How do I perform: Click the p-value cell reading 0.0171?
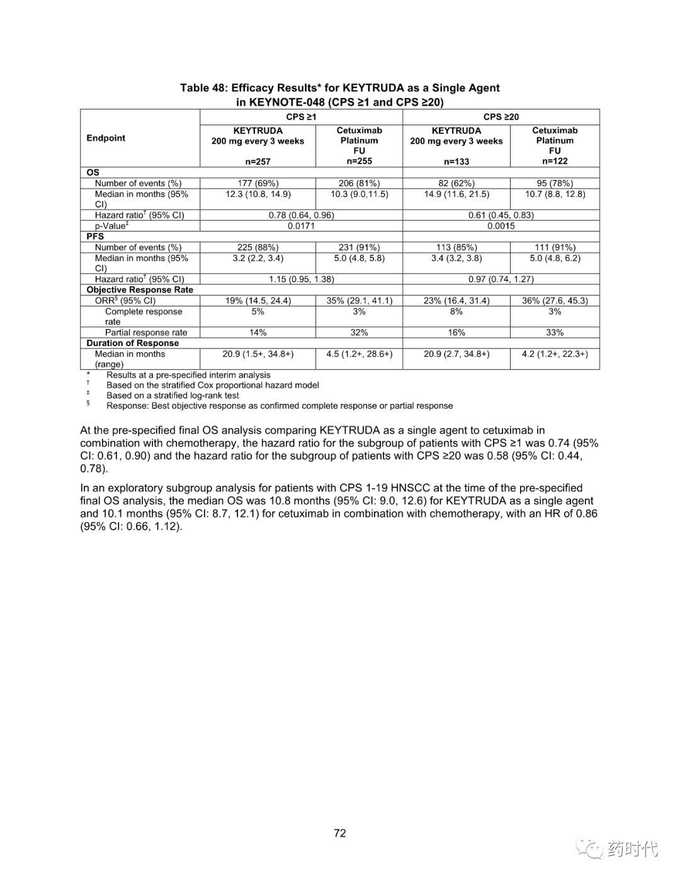click(301, 226)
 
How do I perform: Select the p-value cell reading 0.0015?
click(501, 226)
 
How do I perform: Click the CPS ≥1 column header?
click(301, 117)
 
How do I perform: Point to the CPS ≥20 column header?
click(501, 117)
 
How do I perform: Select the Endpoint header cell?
click(106, 138)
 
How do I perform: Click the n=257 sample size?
click(258, 162)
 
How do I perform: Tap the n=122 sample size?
click(555, 161)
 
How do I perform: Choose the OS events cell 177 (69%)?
click(258, 183)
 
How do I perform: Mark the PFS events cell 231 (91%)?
click(359, 247)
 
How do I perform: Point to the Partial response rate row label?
click(146, 332)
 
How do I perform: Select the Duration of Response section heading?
click(133, 343)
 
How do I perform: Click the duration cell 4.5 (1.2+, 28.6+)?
click(359, 354)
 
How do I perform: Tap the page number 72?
click(340, 833)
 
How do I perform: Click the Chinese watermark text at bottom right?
click(632, 849)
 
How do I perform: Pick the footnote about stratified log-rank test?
click(173, 396)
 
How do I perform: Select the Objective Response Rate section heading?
click(140, 290)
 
